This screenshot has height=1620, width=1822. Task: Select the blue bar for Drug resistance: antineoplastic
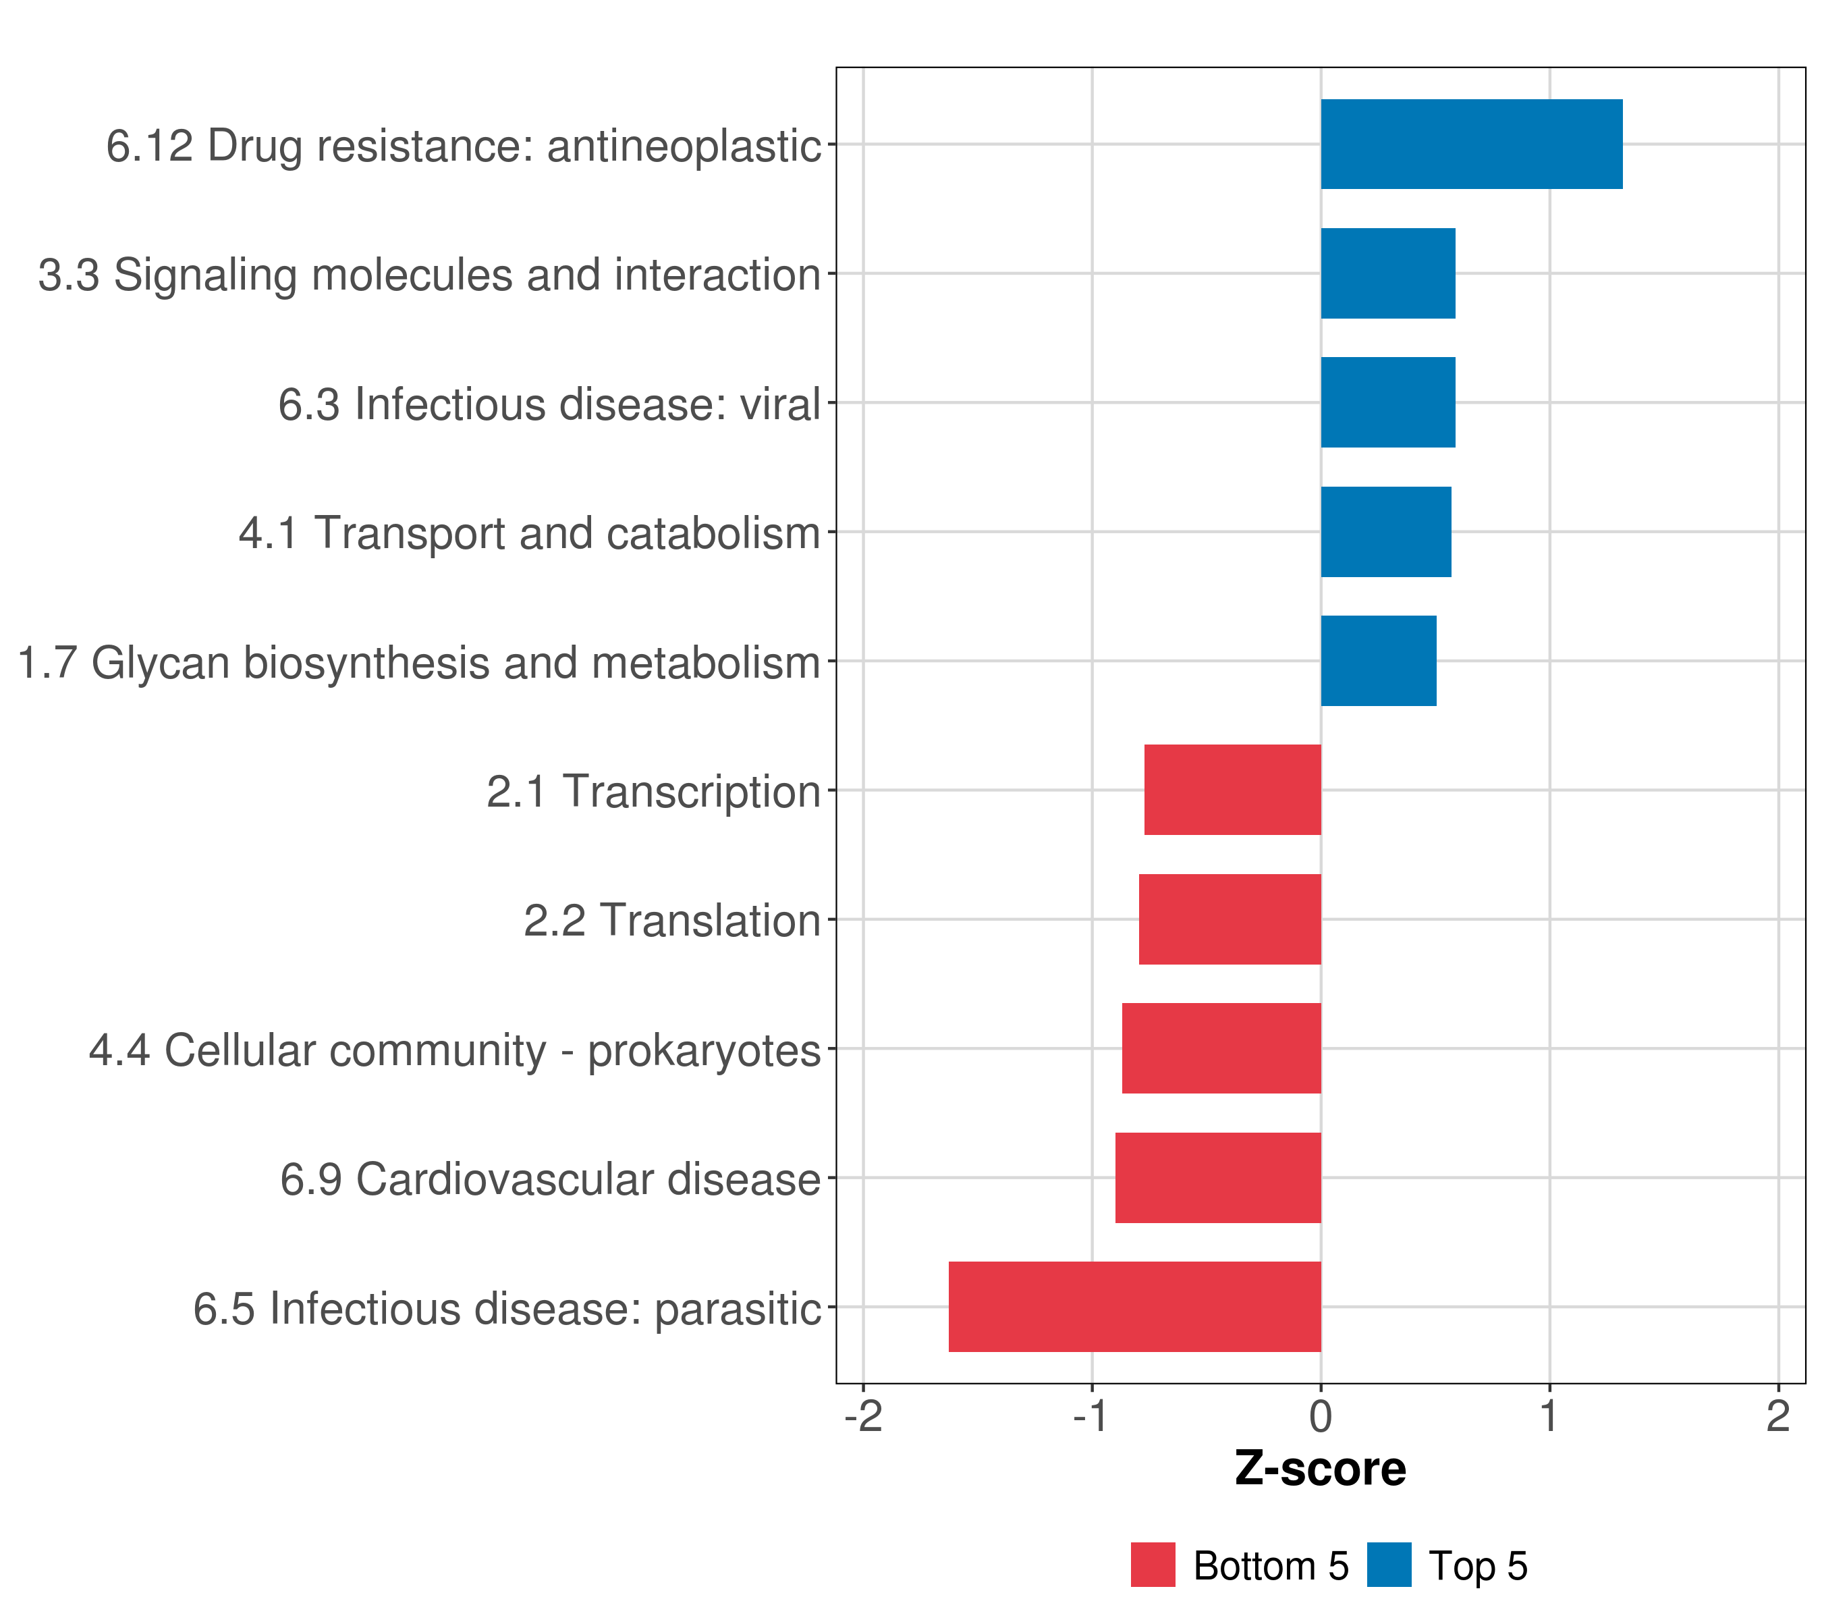click(x=1471, y=144)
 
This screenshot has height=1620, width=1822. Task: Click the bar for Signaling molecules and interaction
click(x=1388, y=274)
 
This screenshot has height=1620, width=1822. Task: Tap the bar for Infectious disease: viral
click(x=1388, y=402)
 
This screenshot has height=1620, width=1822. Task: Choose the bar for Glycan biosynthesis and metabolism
click(x=1378, y=661)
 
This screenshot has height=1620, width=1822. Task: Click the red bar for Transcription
click(x=1232, y=790)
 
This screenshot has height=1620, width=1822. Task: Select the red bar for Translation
click(x=1230, y=919)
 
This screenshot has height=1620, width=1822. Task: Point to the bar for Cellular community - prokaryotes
click(x=1221, y=1048)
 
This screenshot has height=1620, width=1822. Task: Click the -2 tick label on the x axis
click(x=863, y=1417)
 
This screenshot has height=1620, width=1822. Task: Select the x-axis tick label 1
click(x=1549, y=1417)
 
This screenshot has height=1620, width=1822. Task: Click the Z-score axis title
click(x=1320, y=1469)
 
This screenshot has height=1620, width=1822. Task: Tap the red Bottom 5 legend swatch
click(x=1153, y=1565)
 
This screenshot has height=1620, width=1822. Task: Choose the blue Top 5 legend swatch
click(x=1389, y=1565)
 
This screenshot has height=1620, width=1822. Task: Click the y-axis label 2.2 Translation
click(x=671, y=921)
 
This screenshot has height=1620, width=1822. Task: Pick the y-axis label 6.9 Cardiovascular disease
click(x=550, y=1179)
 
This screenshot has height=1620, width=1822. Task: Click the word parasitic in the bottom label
click(x=737, y=1309)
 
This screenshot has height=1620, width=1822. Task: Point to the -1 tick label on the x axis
click(x=1091, y=1417)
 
